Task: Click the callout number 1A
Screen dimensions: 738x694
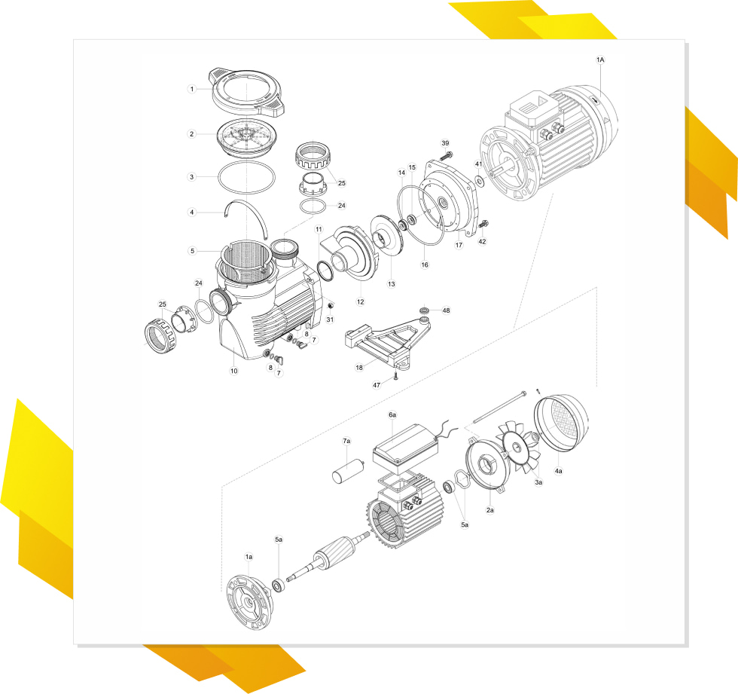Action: (600, 60)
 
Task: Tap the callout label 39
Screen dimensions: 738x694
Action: (445, 143)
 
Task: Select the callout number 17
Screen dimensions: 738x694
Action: (459, 245)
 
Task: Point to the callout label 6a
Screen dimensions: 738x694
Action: (392, 414)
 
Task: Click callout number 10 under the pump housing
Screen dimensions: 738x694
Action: (234, 371)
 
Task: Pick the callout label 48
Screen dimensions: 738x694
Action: (446, 310)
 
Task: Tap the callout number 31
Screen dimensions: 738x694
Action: (330, 319)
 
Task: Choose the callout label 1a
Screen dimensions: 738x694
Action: (249, 557)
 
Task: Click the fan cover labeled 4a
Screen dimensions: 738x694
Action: (562, 423)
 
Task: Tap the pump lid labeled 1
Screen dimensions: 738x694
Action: (247, 92)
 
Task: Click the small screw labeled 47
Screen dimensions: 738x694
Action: (396, 376)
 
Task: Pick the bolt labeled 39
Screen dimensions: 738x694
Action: (447, 154)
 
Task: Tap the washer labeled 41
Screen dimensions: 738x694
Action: (480, 181)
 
